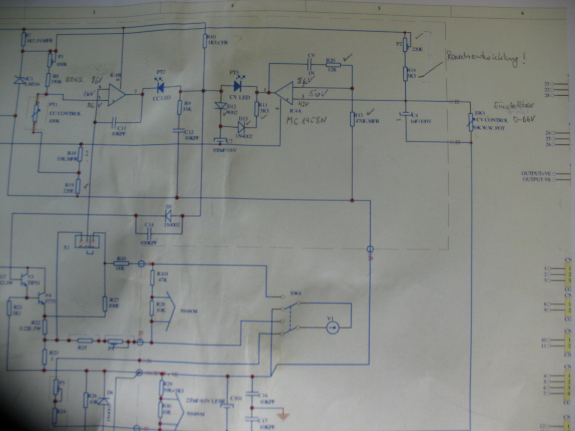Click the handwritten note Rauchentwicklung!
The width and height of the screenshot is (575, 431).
pyautogui.click(x=485, y=59)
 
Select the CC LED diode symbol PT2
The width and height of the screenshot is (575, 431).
pyautogui.click(x=160, y=88)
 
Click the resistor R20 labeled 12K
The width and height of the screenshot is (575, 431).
pyautogui.click(x=333, y=65)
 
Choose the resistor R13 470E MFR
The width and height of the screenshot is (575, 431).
pyautogui.click(x=352, y=119)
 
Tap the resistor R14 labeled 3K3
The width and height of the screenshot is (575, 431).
pyautogui.click(x=405, y=74)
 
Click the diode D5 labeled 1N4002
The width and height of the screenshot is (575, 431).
pyautogui.click(x=168, y=215)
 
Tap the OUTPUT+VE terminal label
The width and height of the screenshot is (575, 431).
pyautogui.click(x=536, y=173)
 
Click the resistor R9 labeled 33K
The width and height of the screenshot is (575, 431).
pyautogui.click(x=179, y=107)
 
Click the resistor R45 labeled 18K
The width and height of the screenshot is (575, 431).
pyautogui.click(x=121, y=263)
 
